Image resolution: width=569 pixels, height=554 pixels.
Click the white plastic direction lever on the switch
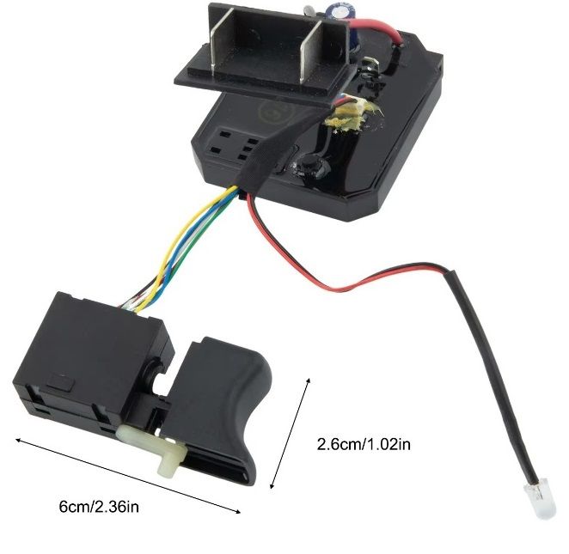point(160,445)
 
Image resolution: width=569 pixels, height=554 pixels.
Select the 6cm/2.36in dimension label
point(99,507)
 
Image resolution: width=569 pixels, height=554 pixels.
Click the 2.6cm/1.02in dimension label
point(364,445)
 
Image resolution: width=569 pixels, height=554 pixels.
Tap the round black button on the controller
point(311,166)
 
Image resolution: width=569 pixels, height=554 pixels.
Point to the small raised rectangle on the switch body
point(61,382)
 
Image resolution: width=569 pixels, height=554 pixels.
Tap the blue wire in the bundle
point(193,253)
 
